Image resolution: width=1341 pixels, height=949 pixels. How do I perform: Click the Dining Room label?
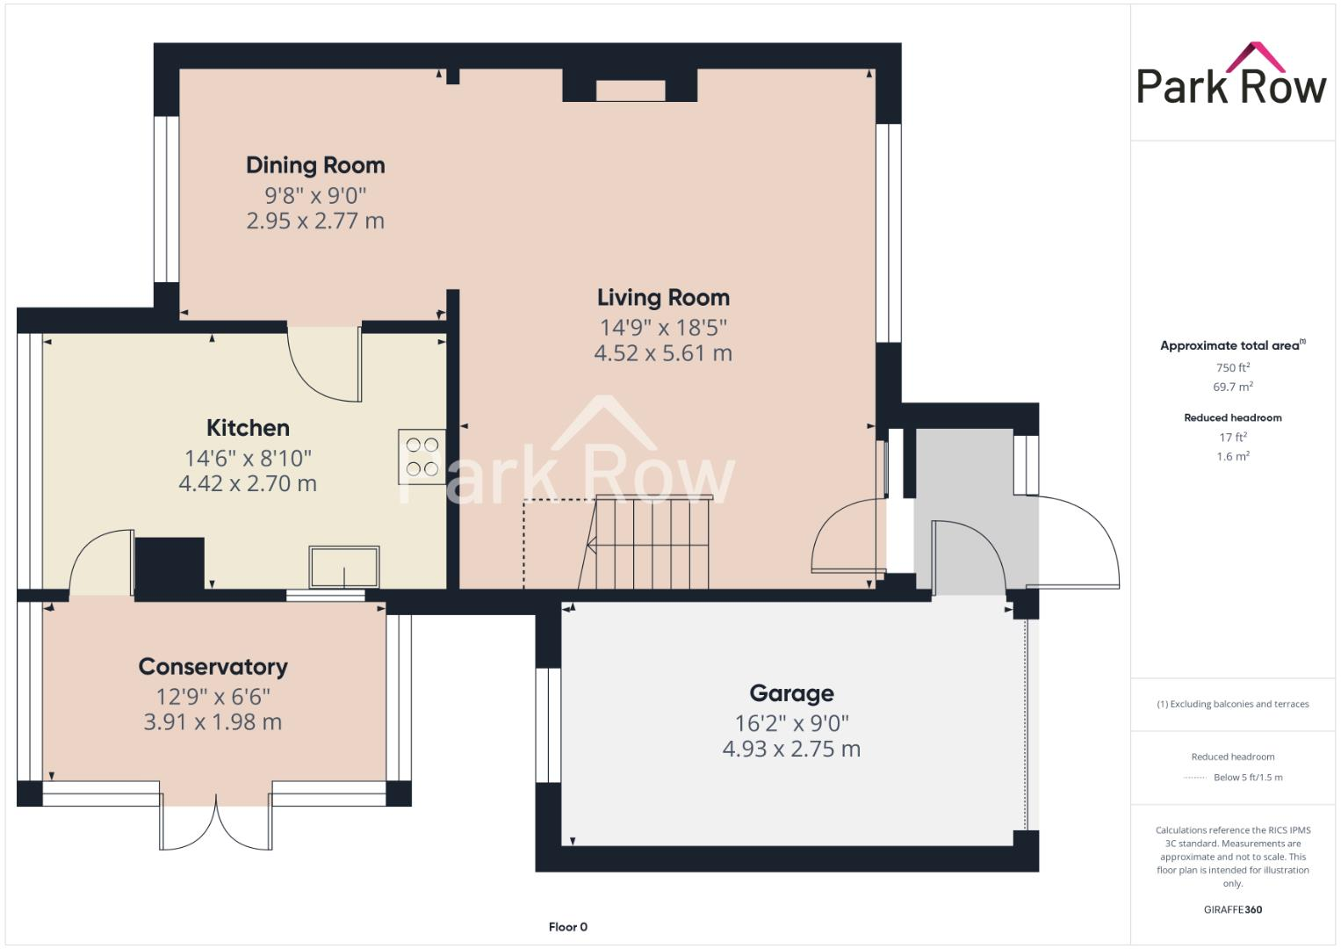315,165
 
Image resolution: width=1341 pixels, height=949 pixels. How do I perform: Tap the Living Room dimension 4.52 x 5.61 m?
663,353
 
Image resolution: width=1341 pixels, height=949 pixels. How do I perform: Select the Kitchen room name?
248,428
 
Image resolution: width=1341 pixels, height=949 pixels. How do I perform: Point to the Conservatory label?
213,667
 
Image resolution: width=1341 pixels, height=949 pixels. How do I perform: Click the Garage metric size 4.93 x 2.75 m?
790,749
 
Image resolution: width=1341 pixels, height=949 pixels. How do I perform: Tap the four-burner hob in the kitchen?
422,456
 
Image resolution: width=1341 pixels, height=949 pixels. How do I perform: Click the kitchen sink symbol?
344,567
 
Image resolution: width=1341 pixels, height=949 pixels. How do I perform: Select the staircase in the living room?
650,543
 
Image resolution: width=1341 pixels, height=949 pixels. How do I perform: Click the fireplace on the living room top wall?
630,89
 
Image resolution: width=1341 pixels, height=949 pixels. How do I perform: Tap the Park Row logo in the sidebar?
1231,76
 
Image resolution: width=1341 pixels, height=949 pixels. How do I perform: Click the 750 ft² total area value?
1232,367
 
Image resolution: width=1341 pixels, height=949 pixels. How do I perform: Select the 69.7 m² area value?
1232,387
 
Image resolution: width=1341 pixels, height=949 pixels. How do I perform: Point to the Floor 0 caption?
567,926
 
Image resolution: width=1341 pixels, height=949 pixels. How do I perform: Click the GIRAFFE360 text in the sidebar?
1232,909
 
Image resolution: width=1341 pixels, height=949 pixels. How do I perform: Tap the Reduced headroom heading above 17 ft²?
1232,417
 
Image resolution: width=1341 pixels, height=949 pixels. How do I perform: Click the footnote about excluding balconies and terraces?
1232,704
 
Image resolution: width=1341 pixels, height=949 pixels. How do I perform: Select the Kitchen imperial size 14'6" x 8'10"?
248,458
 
